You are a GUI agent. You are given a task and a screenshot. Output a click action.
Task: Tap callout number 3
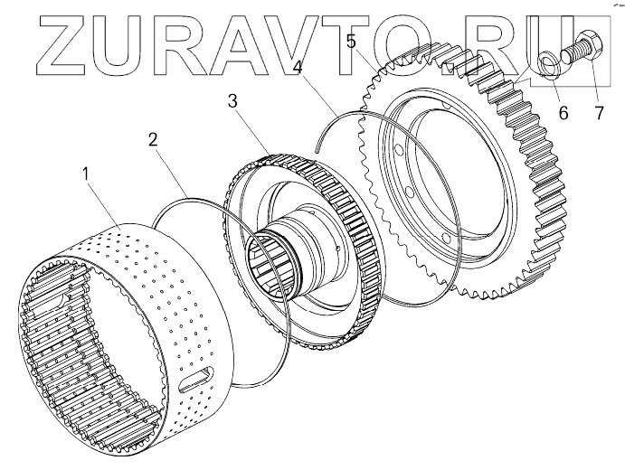click(233, 99)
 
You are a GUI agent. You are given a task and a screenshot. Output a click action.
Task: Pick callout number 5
click(350, 41)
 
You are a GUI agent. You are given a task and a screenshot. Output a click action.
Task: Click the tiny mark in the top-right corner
click(612, 5)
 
